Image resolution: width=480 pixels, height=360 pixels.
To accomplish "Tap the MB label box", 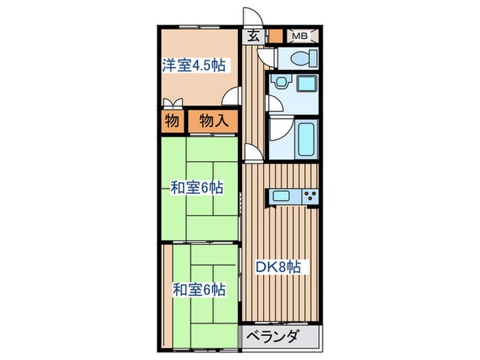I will [300, 36].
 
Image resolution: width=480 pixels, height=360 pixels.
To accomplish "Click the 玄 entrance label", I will [252, 37].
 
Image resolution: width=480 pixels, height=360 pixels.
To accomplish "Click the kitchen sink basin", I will [282, 196].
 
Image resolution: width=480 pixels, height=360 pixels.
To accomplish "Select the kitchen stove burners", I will [309, 196].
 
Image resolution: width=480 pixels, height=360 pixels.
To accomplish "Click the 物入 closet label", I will [214, 122].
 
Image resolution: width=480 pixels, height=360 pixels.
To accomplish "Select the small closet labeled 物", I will [171, 122].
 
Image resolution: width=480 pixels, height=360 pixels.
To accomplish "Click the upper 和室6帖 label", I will [196, 187].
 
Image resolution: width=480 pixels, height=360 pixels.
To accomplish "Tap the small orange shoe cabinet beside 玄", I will [275, 36].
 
